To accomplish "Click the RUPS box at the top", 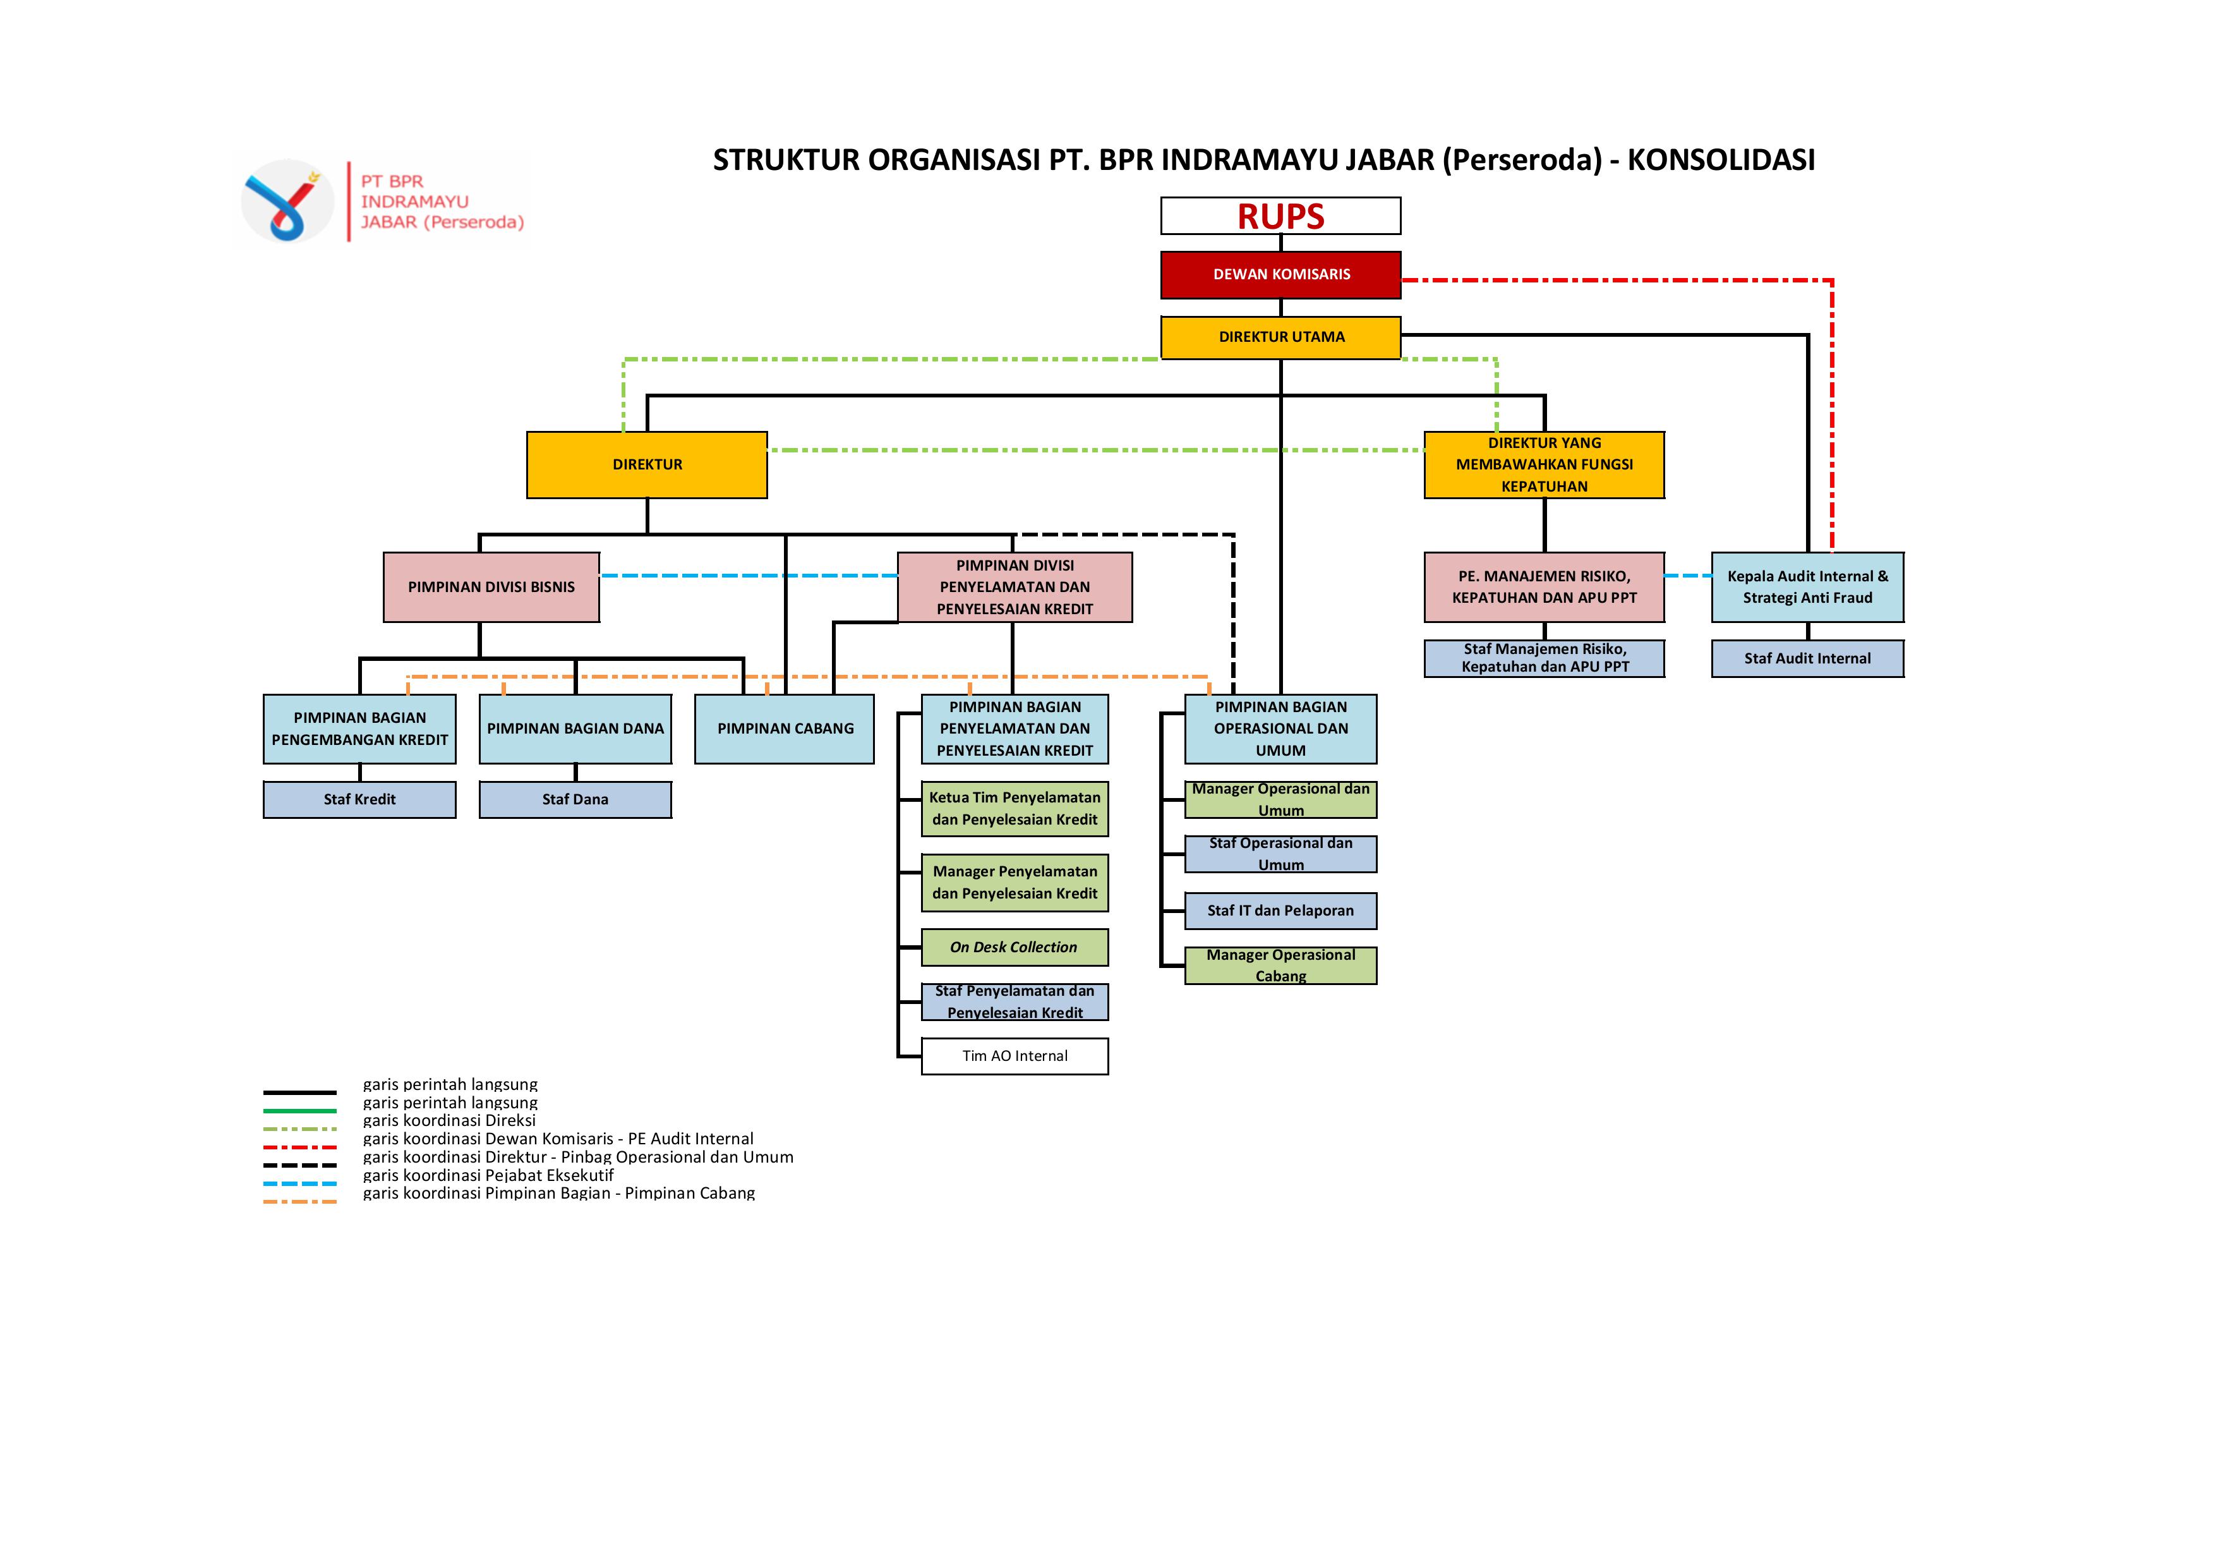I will pyautogui.click(x=1280, y=216).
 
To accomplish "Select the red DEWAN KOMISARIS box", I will pyautogui.click(x=1280, y=274).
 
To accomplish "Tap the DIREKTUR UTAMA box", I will pyautogui.click(x=1280, y=337).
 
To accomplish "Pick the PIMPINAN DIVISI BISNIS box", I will pyautogui.click(x=491, y=587).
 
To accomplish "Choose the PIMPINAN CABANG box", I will pyautogui.click(x=785, y=729).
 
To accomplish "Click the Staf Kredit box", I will pyautogui.click(x=359, y=799).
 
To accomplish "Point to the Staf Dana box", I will pyautogui.click(x=575, y=799).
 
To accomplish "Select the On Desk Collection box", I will pyautogui.click(x=1015, y=947).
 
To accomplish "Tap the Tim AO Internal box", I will pyautogui.click(x=1015, y=1056).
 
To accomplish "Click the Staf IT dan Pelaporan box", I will pyautogui.click(x=1280, y=911).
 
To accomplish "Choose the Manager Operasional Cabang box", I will pyautogui.click(x=1280, y=965).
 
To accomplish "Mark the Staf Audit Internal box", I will pyautogui.click(x=1807, y=658).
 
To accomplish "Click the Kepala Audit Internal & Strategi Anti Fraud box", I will pyautogui.click(x=1807, y=587).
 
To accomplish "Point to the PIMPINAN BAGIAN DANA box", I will pyautogui.click(x=575, y=729).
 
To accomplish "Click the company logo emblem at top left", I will pyautogui.click(x=287, y=202).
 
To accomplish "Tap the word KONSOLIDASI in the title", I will pyautogui.click(x=1721, y=160).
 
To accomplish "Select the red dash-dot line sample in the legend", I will pyautogui.click(x=300, y=1147).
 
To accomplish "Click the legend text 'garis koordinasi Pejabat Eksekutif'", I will pyautogui.click(x=488, y=1175).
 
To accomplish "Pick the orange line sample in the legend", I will pyautogui.click(x=300, y=1202).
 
